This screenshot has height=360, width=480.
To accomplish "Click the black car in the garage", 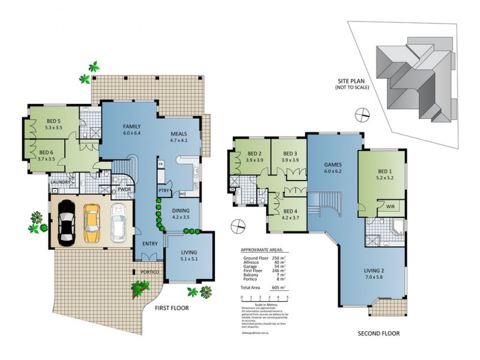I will pyautogui.click(x=65, y=223).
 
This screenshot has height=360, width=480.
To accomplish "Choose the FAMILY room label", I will pyautogui.click(x=132, y=127).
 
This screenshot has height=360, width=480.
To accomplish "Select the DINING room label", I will pyautogui.click(x=181, y=211).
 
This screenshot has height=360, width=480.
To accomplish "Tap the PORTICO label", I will pyautogui.click(x=151, y=272).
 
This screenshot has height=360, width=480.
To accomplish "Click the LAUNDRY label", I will pyautogui.click(x=61, y=182).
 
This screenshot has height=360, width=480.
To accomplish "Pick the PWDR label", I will pyautogui.click(x=124, y=189).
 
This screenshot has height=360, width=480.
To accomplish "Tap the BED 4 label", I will pyautogui.click(x=290, y=212).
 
